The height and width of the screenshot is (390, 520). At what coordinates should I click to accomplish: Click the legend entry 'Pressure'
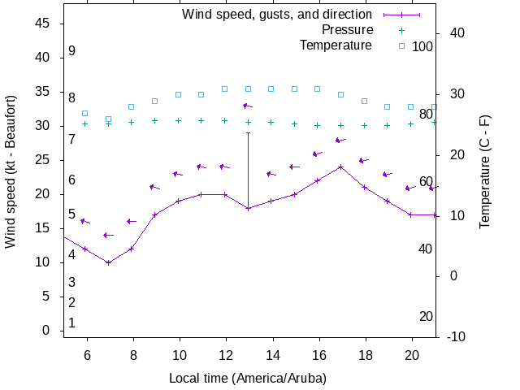tap(347, 29)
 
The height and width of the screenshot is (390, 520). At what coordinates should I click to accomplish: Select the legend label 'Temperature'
tap(336, 45)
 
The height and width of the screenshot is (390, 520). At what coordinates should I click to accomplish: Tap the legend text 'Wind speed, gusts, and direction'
tap(276, 14)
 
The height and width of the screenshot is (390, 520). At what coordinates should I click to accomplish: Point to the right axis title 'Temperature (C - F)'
tap(485, 171)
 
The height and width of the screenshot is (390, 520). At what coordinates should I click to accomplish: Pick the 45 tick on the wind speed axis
tap(43, 24)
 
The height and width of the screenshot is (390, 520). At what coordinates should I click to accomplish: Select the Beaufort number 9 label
tap(72, 50)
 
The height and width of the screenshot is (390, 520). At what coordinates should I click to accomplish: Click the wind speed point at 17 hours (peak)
tap(341, 167)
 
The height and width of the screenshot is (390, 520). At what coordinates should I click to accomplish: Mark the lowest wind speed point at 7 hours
tap(108, 262)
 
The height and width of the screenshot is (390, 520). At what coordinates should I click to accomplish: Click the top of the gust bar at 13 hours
tap(248, 132)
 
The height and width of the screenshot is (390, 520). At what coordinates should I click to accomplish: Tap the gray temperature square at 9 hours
tap(154, 101)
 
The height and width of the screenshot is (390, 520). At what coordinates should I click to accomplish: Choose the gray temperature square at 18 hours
tap(364, 101)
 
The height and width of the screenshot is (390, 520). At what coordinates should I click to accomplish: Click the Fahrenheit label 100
tap(422, 46)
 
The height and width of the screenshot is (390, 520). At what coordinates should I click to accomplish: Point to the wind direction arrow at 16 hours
tap(318, 154)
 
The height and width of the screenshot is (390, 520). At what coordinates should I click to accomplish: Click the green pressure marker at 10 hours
tap(178, 120)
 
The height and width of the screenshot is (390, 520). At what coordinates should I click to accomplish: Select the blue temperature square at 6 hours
tap(84, 113)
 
